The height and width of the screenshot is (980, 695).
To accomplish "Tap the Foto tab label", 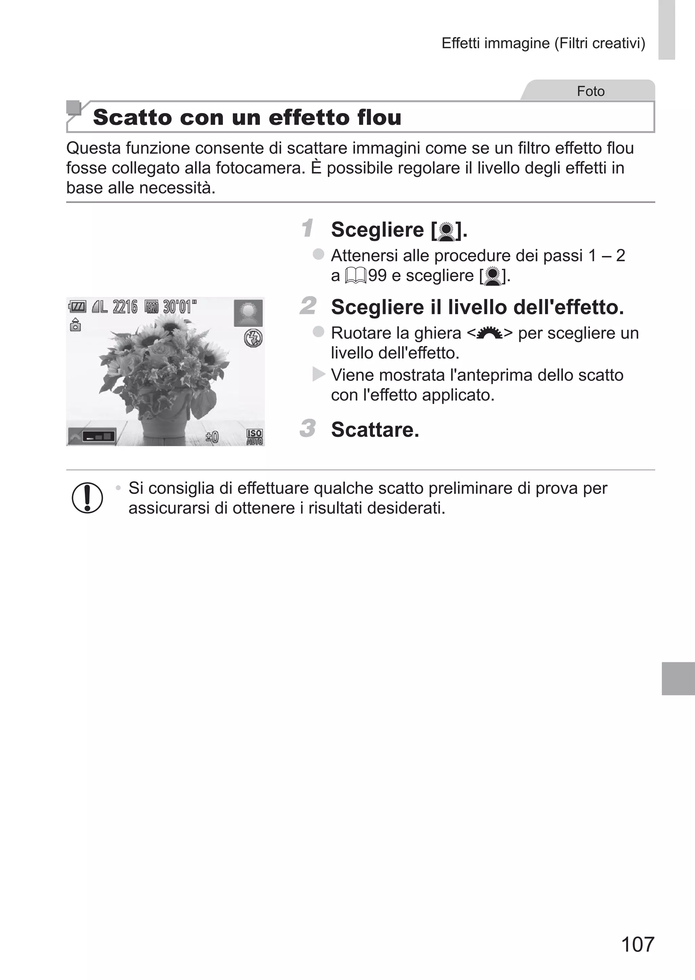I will [x=590, y=91].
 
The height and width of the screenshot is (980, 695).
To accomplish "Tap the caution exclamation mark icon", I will [x=87, y=498].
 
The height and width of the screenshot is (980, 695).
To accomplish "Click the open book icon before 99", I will [x=356, y=276].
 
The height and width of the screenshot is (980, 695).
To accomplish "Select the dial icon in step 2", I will [x=490, y=333].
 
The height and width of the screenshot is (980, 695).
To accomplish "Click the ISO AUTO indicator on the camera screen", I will [x=254, y=437].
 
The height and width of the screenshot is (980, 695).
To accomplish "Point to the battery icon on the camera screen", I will [x=77, y=307].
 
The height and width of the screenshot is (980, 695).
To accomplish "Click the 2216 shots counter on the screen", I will [x=125, y=307].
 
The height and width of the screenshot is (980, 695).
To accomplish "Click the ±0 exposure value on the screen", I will [x=212, y=437].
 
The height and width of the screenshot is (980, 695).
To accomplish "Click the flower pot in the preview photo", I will [x=163, y=428].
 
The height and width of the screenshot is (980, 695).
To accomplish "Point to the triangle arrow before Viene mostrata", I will [x=318, y=374].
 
